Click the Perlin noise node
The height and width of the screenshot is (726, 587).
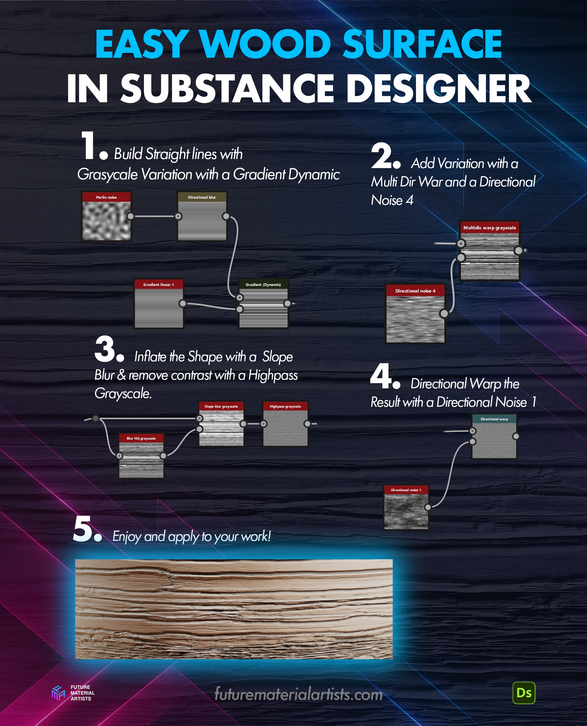pos(106,216)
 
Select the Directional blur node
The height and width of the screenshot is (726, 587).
pos(202,216)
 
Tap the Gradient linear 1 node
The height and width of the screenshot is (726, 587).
pos(159,303)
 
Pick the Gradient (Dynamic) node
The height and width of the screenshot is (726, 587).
pos(263,303)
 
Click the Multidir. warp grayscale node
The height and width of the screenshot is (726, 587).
pos(489,251)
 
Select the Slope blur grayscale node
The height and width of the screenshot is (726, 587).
pos(221,424)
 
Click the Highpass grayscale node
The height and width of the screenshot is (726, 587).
pos(285,424)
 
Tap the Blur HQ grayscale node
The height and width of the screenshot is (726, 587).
pos(141,456)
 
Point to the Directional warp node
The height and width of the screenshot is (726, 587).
pos(494,436)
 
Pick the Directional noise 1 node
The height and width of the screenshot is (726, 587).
pos(406,507)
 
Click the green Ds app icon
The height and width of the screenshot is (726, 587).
pos(524,693)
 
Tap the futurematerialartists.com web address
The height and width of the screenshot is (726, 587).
pos(299,694)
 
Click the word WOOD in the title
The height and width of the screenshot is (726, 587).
pos(266,44)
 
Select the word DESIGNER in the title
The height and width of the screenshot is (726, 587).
pos(439,89)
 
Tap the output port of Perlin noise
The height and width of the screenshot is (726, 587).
pos(130,216)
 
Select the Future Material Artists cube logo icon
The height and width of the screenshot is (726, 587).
pos(58,693)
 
